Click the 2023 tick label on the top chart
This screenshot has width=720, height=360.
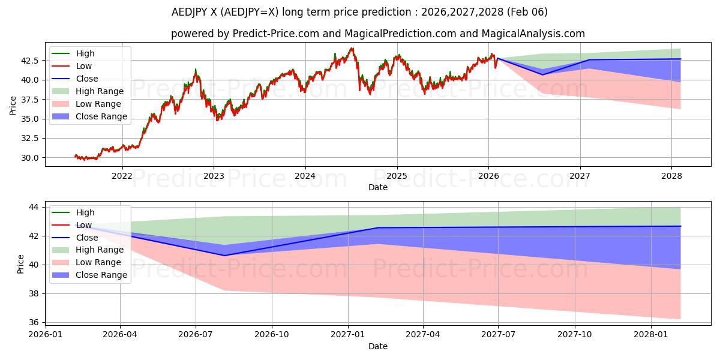(x=214, y=176)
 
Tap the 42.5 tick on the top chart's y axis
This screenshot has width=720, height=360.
(x=30, y=61)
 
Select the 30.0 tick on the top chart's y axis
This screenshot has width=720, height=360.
(x=30, y=158)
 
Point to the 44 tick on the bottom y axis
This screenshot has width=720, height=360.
(x=34, y=207)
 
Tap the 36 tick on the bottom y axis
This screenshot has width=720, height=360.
(x=34, y=322)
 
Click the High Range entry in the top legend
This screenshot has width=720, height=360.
(x=100, y=91)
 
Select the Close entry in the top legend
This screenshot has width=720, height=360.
(x=87, y=79)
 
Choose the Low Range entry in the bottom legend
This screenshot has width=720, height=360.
(x=99, y=262)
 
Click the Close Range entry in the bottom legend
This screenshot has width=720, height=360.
(x=101, y=275)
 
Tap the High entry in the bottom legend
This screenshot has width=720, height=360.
(x=85, y=212)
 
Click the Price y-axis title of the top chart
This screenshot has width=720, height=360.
(x=13, y=105)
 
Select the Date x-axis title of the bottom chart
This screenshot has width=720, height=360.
(x=378, y=346)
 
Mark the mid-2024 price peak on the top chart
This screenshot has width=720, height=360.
(x=352, y=48)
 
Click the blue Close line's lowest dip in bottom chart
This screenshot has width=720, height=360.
(x=225, y=256)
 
